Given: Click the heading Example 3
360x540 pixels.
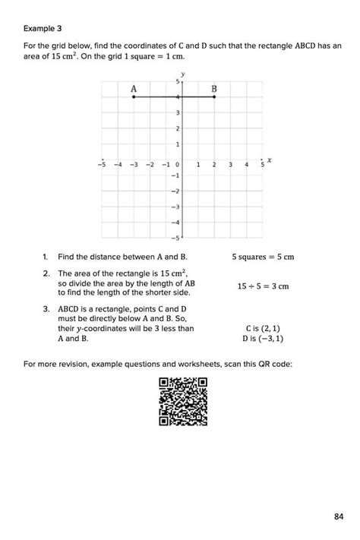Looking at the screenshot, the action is click(x=43, y=29).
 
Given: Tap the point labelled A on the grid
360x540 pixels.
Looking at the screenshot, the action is click(x=134, y=97).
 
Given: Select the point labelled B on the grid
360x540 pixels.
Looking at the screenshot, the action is click(x=214, y=97).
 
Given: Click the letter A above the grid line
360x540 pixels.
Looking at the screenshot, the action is click(x=134, y=89).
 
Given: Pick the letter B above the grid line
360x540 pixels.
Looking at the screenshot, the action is click(x=214, y=89).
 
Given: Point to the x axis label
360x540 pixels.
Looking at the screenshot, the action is click(x=270, y=160).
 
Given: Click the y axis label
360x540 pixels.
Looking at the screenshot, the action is click(x=183, y=74).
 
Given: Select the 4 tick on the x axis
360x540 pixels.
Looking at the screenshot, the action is click(x=246, y=164).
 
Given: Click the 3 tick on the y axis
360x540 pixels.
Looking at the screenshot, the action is click(x=177, y=113).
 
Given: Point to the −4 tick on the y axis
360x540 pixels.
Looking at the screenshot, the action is click(x=174, y=222).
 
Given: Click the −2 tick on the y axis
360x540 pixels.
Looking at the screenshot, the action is click(x=174, y=191).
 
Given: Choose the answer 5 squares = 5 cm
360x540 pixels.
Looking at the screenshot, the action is click(x=263, y=257).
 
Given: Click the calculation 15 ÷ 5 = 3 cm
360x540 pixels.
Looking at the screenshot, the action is click(x=263, y=286).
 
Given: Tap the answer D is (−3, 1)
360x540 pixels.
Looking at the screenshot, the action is click(x=263, y=339).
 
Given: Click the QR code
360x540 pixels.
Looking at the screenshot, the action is click(x=183, y=402).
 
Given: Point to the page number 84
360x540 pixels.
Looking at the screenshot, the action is click(x=339, y=517).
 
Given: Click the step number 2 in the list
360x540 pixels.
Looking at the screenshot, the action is click(x=46, y=273).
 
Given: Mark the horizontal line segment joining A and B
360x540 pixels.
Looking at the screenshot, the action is click(x=174, y=97).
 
